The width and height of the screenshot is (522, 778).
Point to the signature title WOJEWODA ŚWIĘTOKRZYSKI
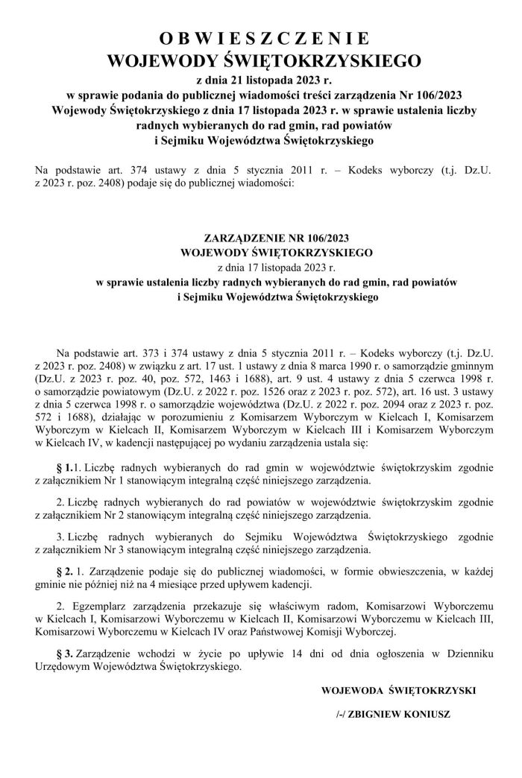(x=398, y=690)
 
